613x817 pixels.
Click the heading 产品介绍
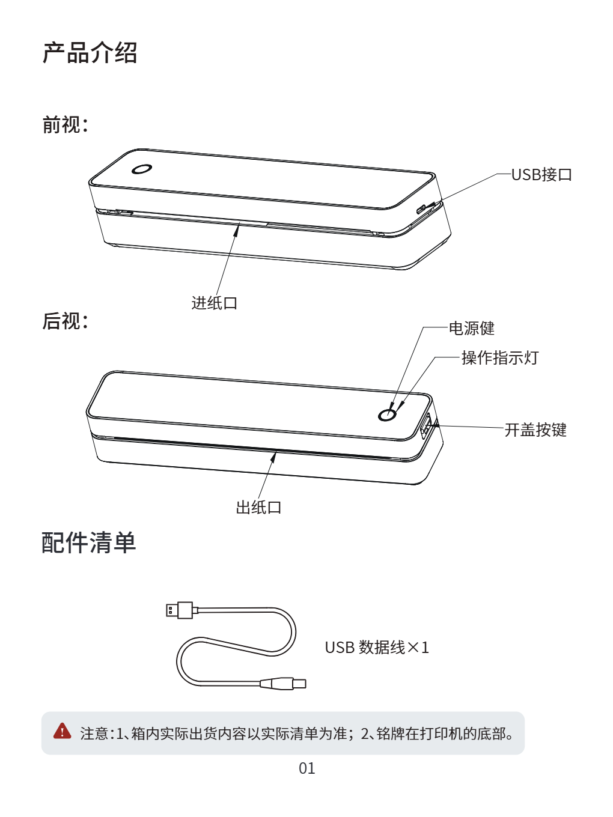coord(90,52)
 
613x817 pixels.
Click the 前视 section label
coord(65,124)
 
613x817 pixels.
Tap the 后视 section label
coord(65,321)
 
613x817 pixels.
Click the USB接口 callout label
coord(541,175)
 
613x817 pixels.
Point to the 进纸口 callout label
coord(215,303)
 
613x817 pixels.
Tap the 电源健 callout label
coord(472,328)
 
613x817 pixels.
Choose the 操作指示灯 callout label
coord(500,357)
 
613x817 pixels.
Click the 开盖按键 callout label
coord(535,430)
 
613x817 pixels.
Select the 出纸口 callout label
coord(258,508)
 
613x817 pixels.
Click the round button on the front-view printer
coord(142,169)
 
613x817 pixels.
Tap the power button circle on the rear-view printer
coord(387,415)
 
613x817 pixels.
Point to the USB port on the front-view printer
coord(421,209)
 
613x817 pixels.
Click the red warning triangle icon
coord(62,731)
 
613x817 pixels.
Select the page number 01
coord(306,768)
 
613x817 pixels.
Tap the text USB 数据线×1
coord(377,648)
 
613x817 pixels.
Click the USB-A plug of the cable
coord(180,610)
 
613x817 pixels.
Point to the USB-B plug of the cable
coord(283,684)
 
